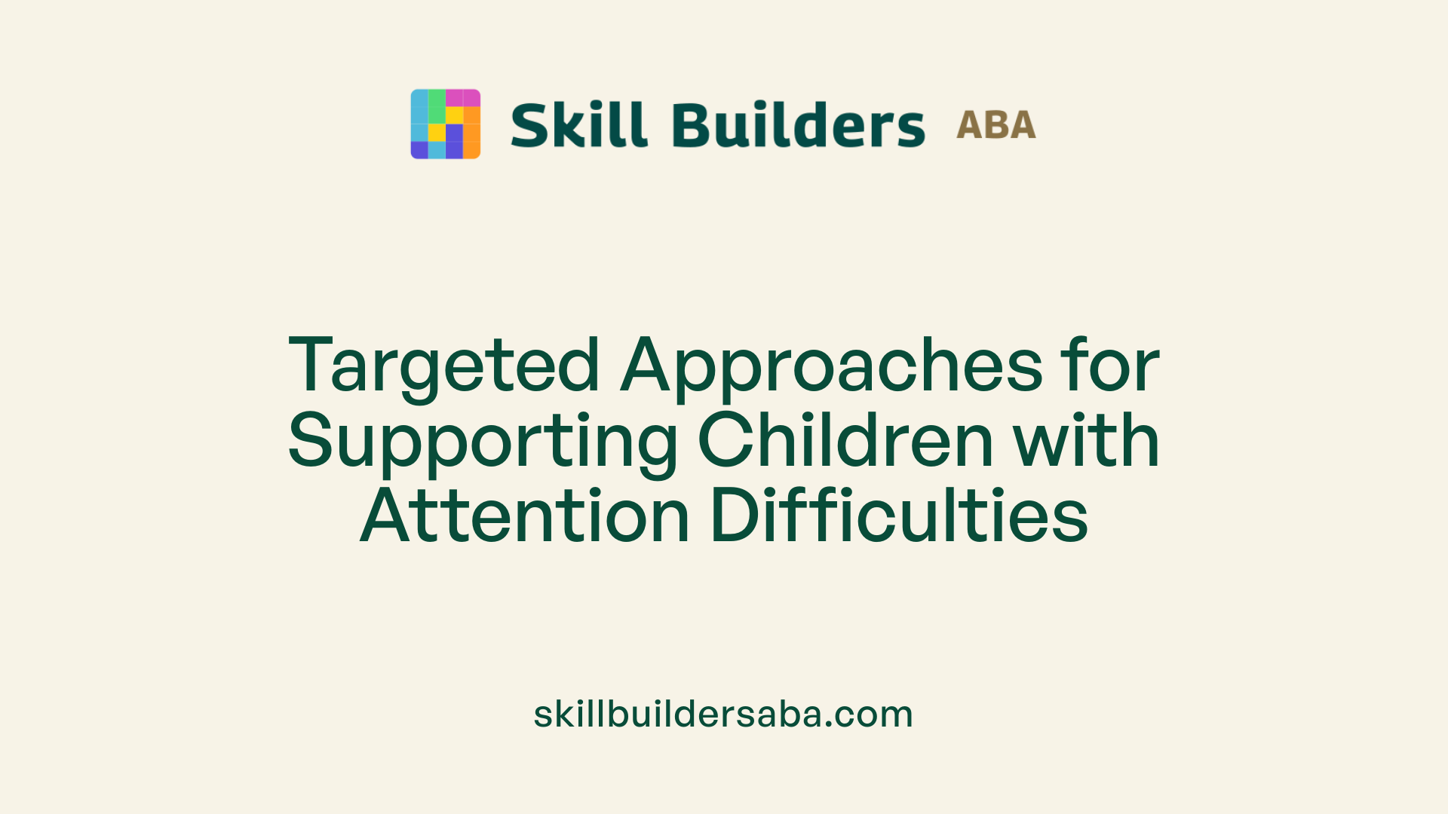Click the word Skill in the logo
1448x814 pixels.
tap(578, 125)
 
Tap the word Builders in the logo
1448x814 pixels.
tap(798, 125)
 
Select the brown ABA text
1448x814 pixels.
tap(995, 125)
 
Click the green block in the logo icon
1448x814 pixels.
tap(437, 106)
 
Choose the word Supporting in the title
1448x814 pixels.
tap(483, 442)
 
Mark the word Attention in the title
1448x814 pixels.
tap(525, 516)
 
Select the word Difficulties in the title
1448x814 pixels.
tap(899, 516)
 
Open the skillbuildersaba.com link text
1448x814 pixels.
tap(723, 714)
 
